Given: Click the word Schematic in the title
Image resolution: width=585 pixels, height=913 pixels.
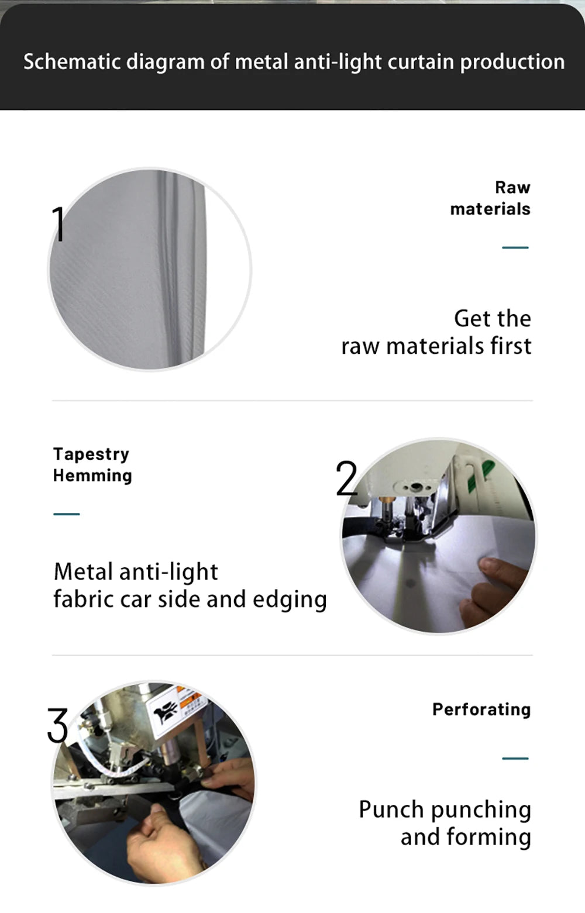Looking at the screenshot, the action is pos(72,63).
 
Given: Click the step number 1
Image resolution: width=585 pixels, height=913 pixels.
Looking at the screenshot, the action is pos(59,224).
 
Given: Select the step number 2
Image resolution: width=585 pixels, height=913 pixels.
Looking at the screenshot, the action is pos(346,478).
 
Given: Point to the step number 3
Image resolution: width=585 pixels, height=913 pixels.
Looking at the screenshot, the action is pos(57,725).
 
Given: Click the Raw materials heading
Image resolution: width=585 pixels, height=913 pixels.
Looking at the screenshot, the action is pos(490,198).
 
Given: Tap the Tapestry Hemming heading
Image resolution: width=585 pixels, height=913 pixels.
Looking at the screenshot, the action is pos(92,465).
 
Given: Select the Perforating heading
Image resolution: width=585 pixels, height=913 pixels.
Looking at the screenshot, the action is pos(481,710).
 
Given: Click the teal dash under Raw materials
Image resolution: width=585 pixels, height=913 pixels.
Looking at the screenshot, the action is pos(515,247).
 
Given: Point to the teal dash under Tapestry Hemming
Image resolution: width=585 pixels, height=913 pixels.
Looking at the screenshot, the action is pos(67,514).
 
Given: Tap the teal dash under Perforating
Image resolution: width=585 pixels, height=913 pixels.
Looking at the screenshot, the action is pos(515,759).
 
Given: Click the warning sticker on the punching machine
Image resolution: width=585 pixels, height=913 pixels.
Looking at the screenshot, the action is pos(176,706).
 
